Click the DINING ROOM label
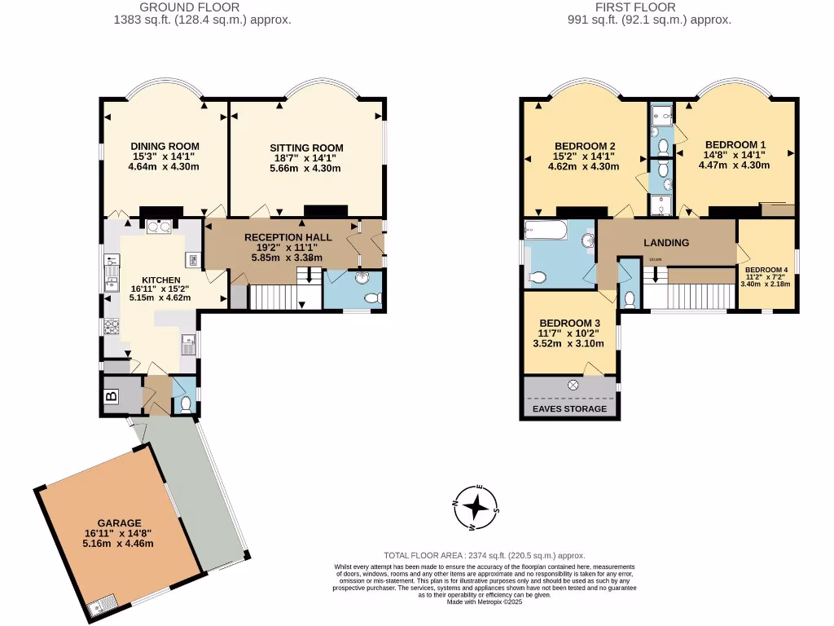point(164,147)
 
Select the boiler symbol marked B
point(112,397)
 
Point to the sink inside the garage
point(104,605)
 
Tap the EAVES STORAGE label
point(569,408)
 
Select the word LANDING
point(666,242)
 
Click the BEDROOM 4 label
point(766,270)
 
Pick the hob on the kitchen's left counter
point(112,328)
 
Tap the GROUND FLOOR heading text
point(189,7)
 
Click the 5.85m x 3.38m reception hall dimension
point(287,258)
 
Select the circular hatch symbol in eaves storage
point(573,385)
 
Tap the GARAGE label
point(119,522)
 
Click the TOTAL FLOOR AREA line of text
point(485,555)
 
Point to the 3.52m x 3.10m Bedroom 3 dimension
point(569,343)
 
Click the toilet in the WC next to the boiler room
point(185,403)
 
